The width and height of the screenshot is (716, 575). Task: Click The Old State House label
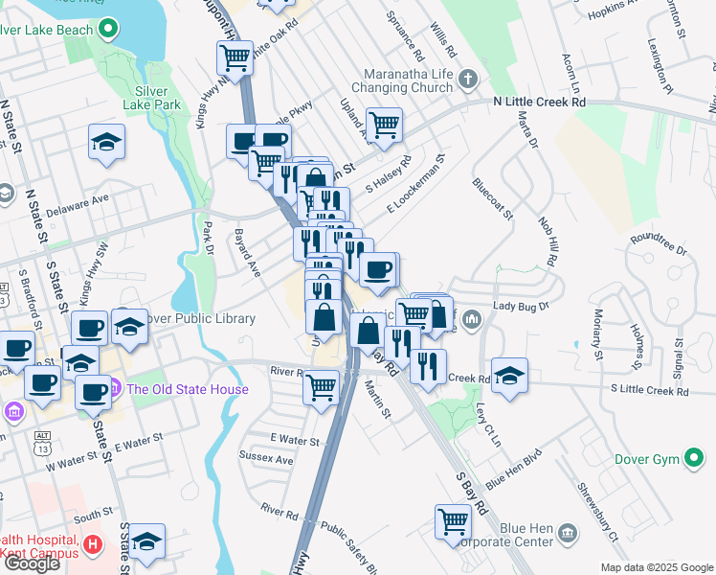pyautogui.click(x=188, y=389)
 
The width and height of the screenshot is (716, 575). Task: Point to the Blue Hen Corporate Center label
pyautogui.click(x=513, y=535)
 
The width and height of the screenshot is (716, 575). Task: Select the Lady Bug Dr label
pyautogui.click(x=521, y=306)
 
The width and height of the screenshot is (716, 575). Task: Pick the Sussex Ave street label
pyautogui.click(x=266, y=459)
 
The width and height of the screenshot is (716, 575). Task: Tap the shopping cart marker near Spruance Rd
pyautogui.click(x=384, y=125)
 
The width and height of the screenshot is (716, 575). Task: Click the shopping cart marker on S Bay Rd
pyautogui.click(x=454, y=522)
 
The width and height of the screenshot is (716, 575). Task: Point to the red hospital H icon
pyautogui.click(x=93, y=545)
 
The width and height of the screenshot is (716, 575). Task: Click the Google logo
pyautogui.click(x=32, y=563)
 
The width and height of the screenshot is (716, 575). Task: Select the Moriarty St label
pyautogui.click(x=594, y=335)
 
